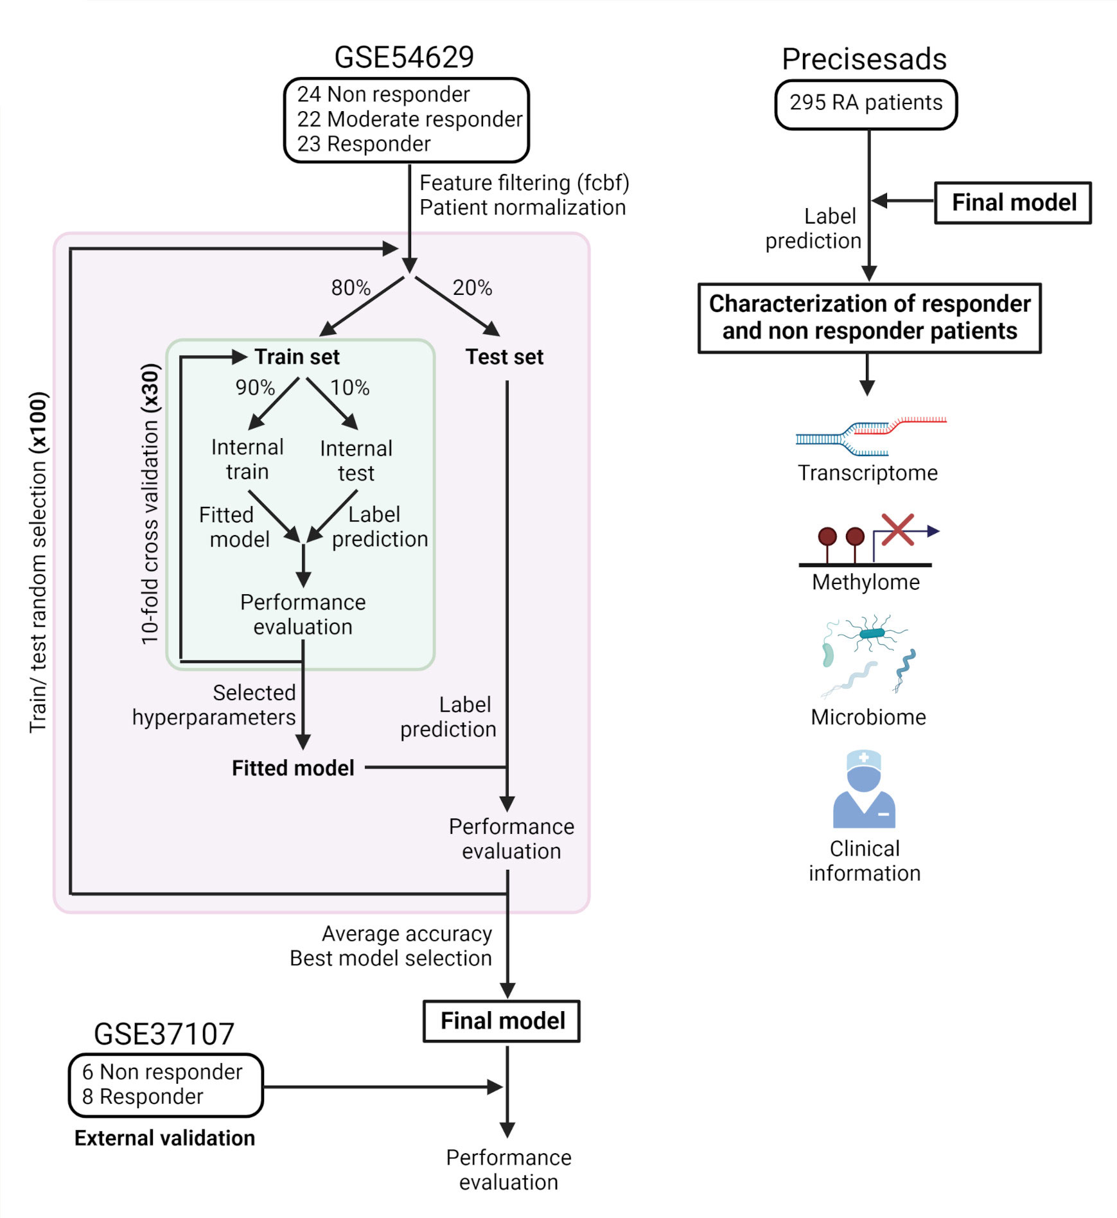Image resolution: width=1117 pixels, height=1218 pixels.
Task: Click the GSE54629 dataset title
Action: (404, 57)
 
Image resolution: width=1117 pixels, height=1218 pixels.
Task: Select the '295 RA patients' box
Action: (865, 103)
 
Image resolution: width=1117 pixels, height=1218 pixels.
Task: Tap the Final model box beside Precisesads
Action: (1013, 202)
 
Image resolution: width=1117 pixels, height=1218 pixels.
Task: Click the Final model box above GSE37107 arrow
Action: (502, 1020)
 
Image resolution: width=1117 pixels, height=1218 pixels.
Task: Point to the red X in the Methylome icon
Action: (897, 529)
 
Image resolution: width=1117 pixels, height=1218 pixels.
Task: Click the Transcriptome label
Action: (867, 473)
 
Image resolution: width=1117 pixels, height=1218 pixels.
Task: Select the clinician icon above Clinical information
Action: (864, 790)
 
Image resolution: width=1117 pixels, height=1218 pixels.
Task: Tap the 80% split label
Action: (351, 288)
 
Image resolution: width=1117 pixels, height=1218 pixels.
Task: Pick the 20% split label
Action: (472, 288)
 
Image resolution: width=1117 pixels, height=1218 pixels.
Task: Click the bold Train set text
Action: (297, 357)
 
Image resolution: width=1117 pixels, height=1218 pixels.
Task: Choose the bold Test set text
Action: (504, 357)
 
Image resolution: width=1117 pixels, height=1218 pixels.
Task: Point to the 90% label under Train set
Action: (255, 387)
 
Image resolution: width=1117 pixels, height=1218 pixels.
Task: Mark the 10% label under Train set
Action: (350, 387)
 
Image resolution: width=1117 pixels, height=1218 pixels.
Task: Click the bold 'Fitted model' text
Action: (293, 768)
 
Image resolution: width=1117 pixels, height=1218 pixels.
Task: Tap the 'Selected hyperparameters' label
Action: (214, 705)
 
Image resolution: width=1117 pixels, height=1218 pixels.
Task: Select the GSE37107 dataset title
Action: (164, 1034)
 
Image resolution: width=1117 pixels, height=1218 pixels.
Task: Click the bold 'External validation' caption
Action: (164, 1138)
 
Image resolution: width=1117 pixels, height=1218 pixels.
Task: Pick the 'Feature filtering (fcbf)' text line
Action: (524, 183)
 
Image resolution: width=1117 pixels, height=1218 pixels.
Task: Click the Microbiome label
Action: (868, 717)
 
